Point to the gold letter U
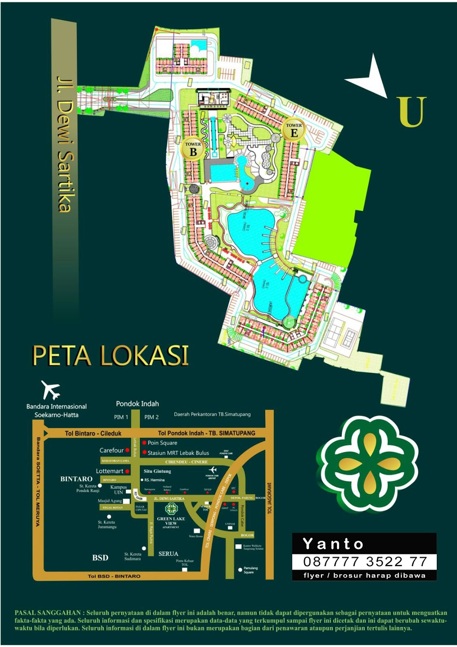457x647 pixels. pos(412,112)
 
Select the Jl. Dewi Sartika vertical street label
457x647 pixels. pos(65,144)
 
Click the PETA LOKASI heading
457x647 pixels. pos(110,356)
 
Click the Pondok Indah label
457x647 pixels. pos(137,404)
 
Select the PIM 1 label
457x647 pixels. pos(121,417)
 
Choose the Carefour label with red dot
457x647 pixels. pos(112,450)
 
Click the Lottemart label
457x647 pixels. pos(110,471)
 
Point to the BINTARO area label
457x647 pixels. pos(76,479)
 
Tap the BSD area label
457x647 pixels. pos(100,558)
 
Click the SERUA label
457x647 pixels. pos(168,554)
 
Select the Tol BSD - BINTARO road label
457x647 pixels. pos(114,576)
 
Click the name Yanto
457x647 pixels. pos(333,544)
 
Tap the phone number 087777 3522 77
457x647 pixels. pos(365,562)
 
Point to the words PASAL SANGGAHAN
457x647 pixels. pos(48,613)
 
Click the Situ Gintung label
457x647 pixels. pos(157,471)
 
